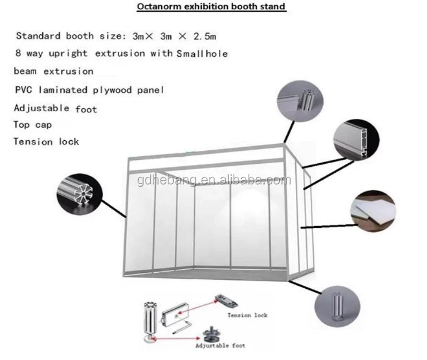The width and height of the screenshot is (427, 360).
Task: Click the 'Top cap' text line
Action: [33, 125]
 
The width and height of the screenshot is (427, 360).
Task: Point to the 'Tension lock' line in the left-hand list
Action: [46, 142]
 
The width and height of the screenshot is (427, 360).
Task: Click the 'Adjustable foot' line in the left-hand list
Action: [55, 108]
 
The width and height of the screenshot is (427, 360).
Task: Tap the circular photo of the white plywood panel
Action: [372, 211]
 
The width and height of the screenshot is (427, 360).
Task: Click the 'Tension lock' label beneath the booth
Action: [247, 315]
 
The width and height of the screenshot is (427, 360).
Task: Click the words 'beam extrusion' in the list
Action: [54, 71]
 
